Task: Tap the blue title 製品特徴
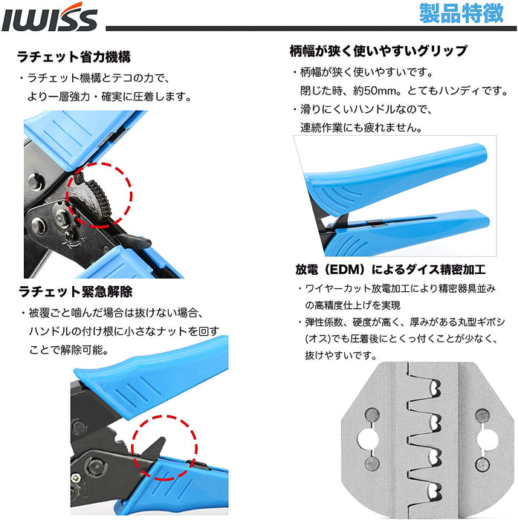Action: click(462, 13)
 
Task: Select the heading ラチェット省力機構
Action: click(74, 56)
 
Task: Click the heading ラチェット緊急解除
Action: click(76, 292)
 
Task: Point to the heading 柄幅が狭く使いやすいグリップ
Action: click(378, 51)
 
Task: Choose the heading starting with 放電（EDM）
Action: click(391, 270)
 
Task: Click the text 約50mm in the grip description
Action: click(375, 91)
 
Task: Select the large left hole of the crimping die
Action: click(368, 439)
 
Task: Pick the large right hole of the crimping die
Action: click(487, 439)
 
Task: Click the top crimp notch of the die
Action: click(434, 389)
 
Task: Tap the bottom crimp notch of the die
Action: click(434, 492)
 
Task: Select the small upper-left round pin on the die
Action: click(372, 415)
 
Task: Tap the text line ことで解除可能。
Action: click(68, 350)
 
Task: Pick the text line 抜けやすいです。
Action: click(341, 356)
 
